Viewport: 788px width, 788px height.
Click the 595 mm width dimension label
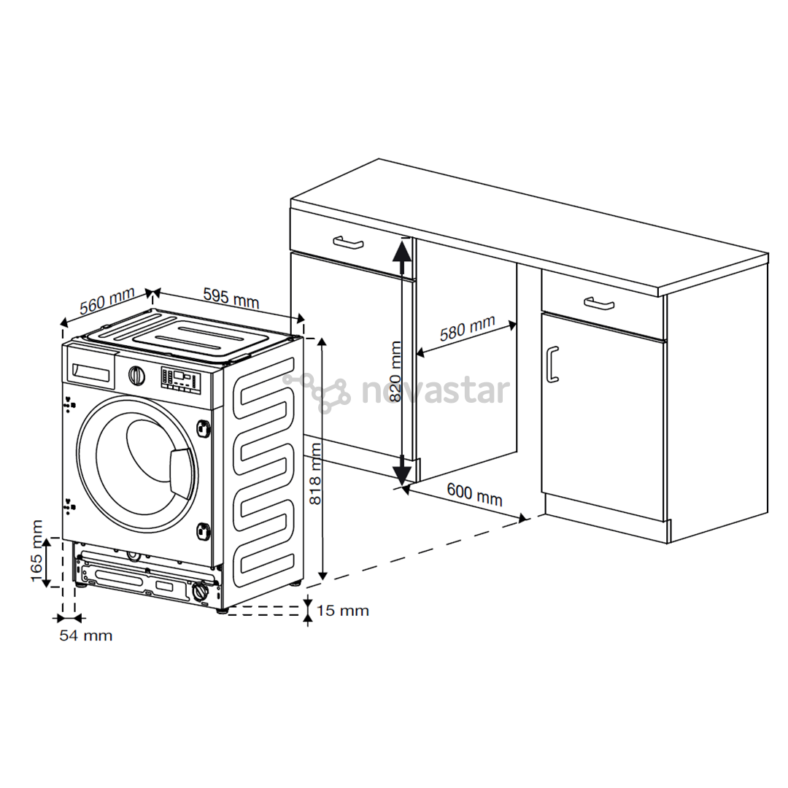pyautogui.click(x=231, y=298)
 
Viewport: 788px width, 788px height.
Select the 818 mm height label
pyautogui.click(x=314, y=474)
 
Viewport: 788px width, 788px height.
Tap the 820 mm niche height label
pyautogui.click(x=396, y=371)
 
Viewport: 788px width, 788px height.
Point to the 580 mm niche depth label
pyautogui.click(x=468, y=328)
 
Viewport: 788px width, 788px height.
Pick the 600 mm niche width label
pyautogui.click(x=474, y=494)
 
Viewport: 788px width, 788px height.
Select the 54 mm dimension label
pyautogui.click(x=86, y=636)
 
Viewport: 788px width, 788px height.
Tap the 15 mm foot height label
pyautogui.click(x=343, y=611)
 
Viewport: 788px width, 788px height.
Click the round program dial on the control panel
pyautogui.click(x=136, y=376)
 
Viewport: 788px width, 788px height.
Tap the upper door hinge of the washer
pyautogui.click(x=204, y=427)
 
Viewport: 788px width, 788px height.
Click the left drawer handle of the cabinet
pyautogui.click(x=348, y=242)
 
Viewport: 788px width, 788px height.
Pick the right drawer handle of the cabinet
pyautogui.click(x=599, y=304)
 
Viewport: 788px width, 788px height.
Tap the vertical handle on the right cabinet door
pyautogui.click(x=552, y=364)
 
